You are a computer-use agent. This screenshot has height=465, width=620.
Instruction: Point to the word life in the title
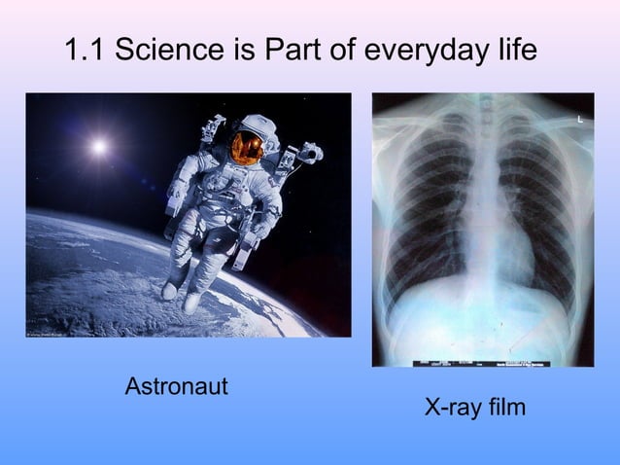pyautogui.click(x=514, y=50)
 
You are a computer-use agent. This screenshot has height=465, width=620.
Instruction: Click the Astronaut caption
pyautogui.click(x=177, y=387)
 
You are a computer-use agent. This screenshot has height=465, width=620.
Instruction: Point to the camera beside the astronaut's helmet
pyautogui.click(x=309, y=153)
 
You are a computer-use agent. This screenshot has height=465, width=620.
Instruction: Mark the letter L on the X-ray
pyautogui.click(x=581, y=119)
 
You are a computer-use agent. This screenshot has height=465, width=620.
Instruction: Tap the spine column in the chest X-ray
pyautogui.click(x=483, y=195)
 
